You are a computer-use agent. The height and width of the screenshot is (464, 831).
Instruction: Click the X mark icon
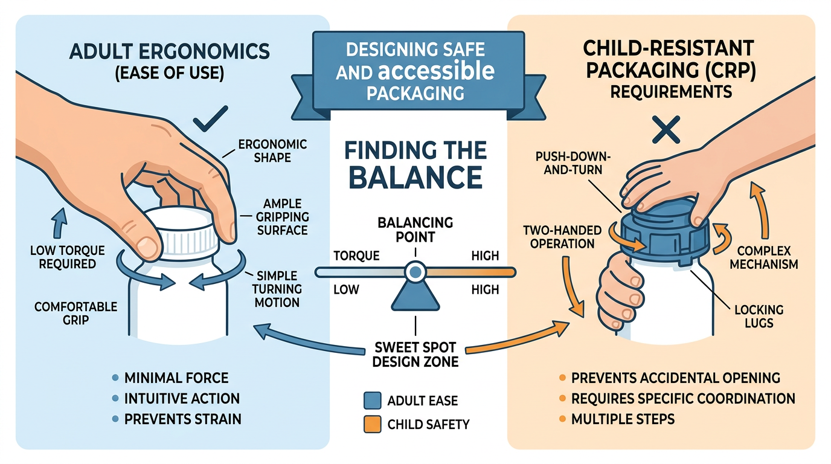tap(663, 129)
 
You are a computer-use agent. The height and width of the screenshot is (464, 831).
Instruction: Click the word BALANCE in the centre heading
tap(415, 177)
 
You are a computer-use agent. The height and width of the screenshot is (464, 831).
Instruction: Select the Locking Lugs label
tap(759, 316)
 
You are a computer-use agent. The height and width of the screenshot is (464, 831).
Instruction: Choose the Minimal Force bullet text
tap(176, 379)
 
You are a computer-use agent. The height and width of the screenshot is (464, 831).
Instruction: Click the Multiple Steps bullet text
tap(623, 418)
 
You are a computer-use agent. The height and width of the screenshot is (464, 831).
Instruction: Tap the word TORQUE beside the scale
tap(356, 256)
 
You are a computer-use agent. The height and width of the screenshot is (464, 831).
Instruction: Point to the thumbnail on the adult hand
tap(146, 245)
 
